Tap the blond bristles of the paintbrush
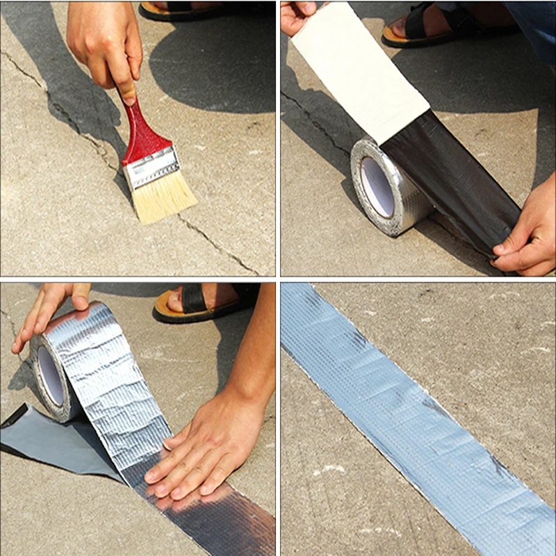click(164, 197)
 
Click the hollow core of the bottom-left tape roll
click(50, 375)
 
